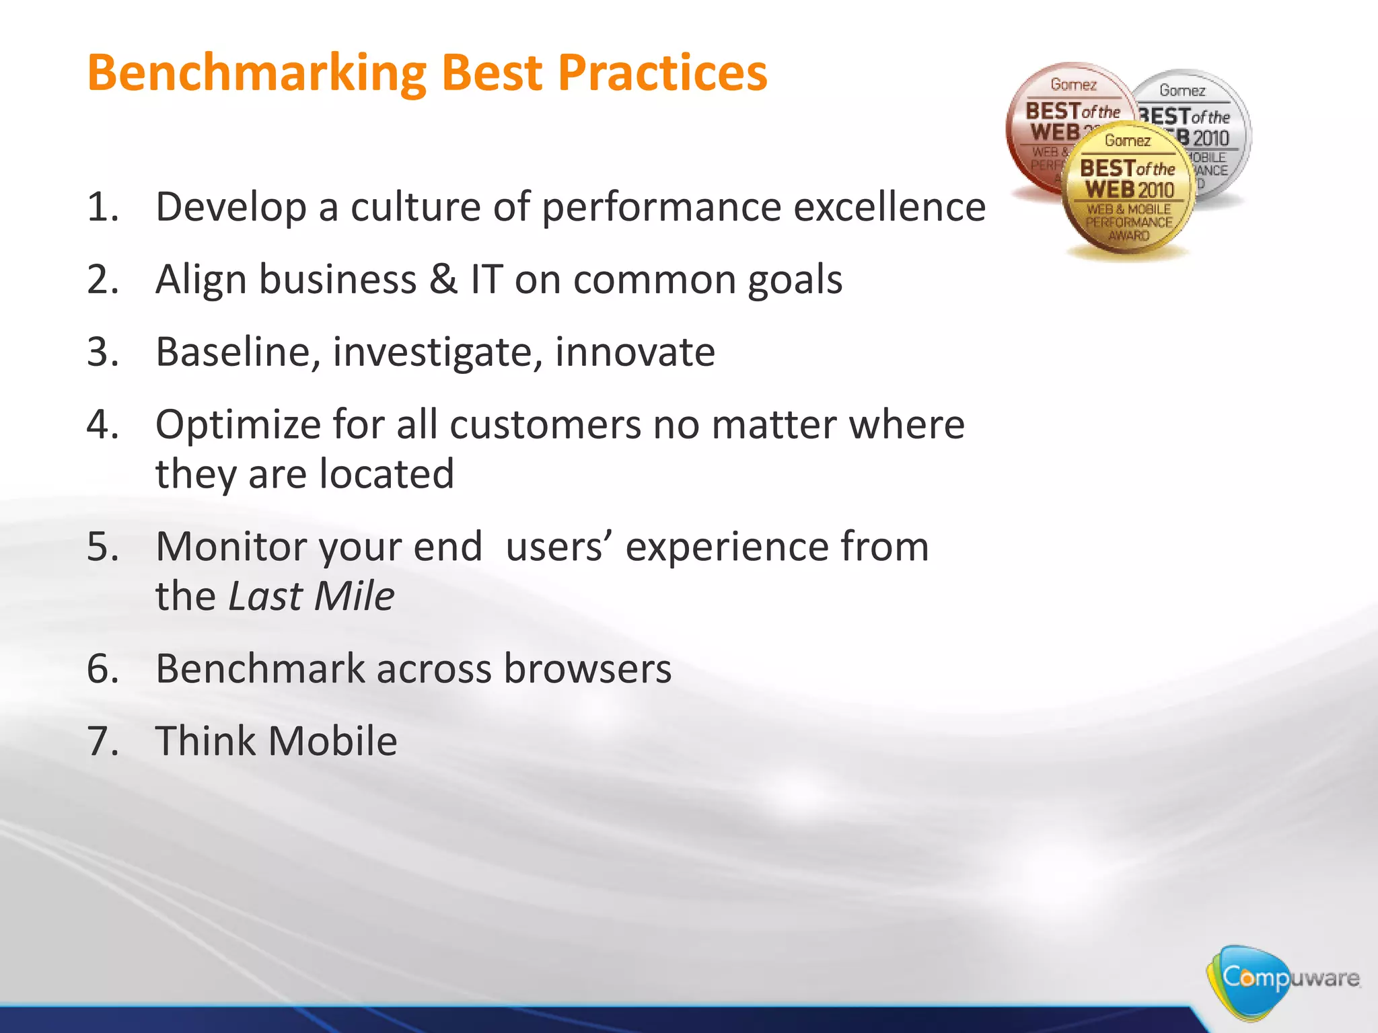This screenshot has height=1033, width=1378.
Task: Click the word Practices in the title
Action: [x=663, y=73]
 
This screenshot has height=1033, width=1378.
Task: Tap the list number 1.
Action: [x=102, y=206]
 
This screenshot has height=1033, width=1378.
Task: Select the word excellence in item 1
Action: [x=890, y=206]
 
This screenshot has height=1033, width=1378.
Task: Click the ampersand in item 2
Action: [x=443, y=279]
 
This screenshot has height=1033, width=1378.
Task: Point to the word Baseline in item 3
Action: [x=238, y=352]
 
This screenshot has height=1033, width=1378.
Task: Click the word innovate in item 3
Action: [x=634, y=352]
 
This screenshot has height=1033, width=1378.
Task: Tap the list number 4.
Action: [x=102, y=424]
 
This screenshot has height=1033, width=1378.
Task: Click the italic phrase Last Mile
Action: [x=312, y=596]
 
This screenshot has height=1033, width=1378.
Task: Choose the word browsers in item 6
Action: [x=587, y=668]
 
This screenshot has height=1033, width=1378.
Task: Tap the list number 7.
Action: [x=102, y=741]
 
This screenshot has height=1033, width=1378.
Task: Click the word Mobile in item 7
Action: [x=332, y=741]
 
